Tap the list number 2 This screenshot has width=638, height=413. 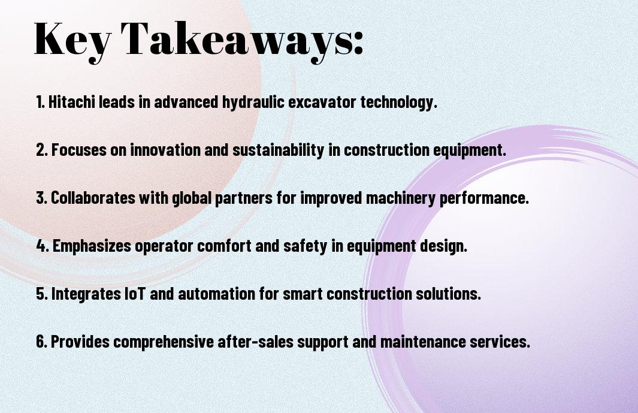41,150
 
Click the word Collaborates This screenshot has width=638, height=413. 93,198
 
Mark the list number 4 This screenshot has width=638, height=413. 43,246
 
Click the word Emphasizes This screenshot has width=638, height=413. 92,246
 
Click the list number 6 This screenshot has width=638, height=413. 41,342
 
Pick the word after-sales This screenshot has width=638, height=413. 256,342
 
